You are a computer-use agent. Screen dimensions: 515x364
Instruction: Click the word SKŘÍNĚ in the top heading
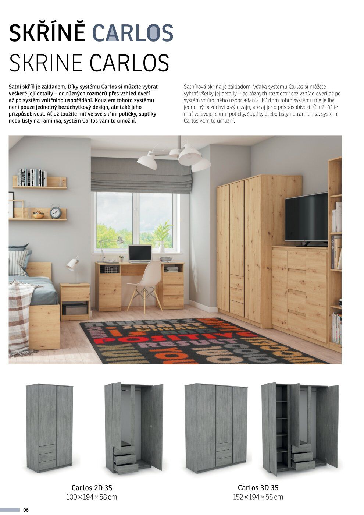(47, 33)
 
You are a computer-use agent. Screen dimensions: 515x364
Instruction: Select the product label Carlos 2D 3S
(92, 488)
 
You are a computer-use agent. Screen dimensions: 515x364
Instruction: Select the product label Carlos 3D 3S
(258, 488)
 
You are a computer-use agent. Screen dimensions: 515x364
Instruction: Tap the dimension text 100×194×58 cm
(92, 497)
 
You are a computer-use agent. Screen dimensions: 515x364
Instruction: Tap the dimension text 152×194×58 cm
(258, 497)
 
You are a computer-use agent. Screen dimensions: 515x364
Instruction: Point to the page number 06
(26, 510)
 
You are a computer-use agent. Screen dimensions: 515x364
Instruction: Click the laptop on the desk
(140, 254)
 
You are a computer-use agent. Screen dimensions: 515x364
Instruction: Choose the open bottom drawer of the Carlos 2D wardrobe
(126, 468)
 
